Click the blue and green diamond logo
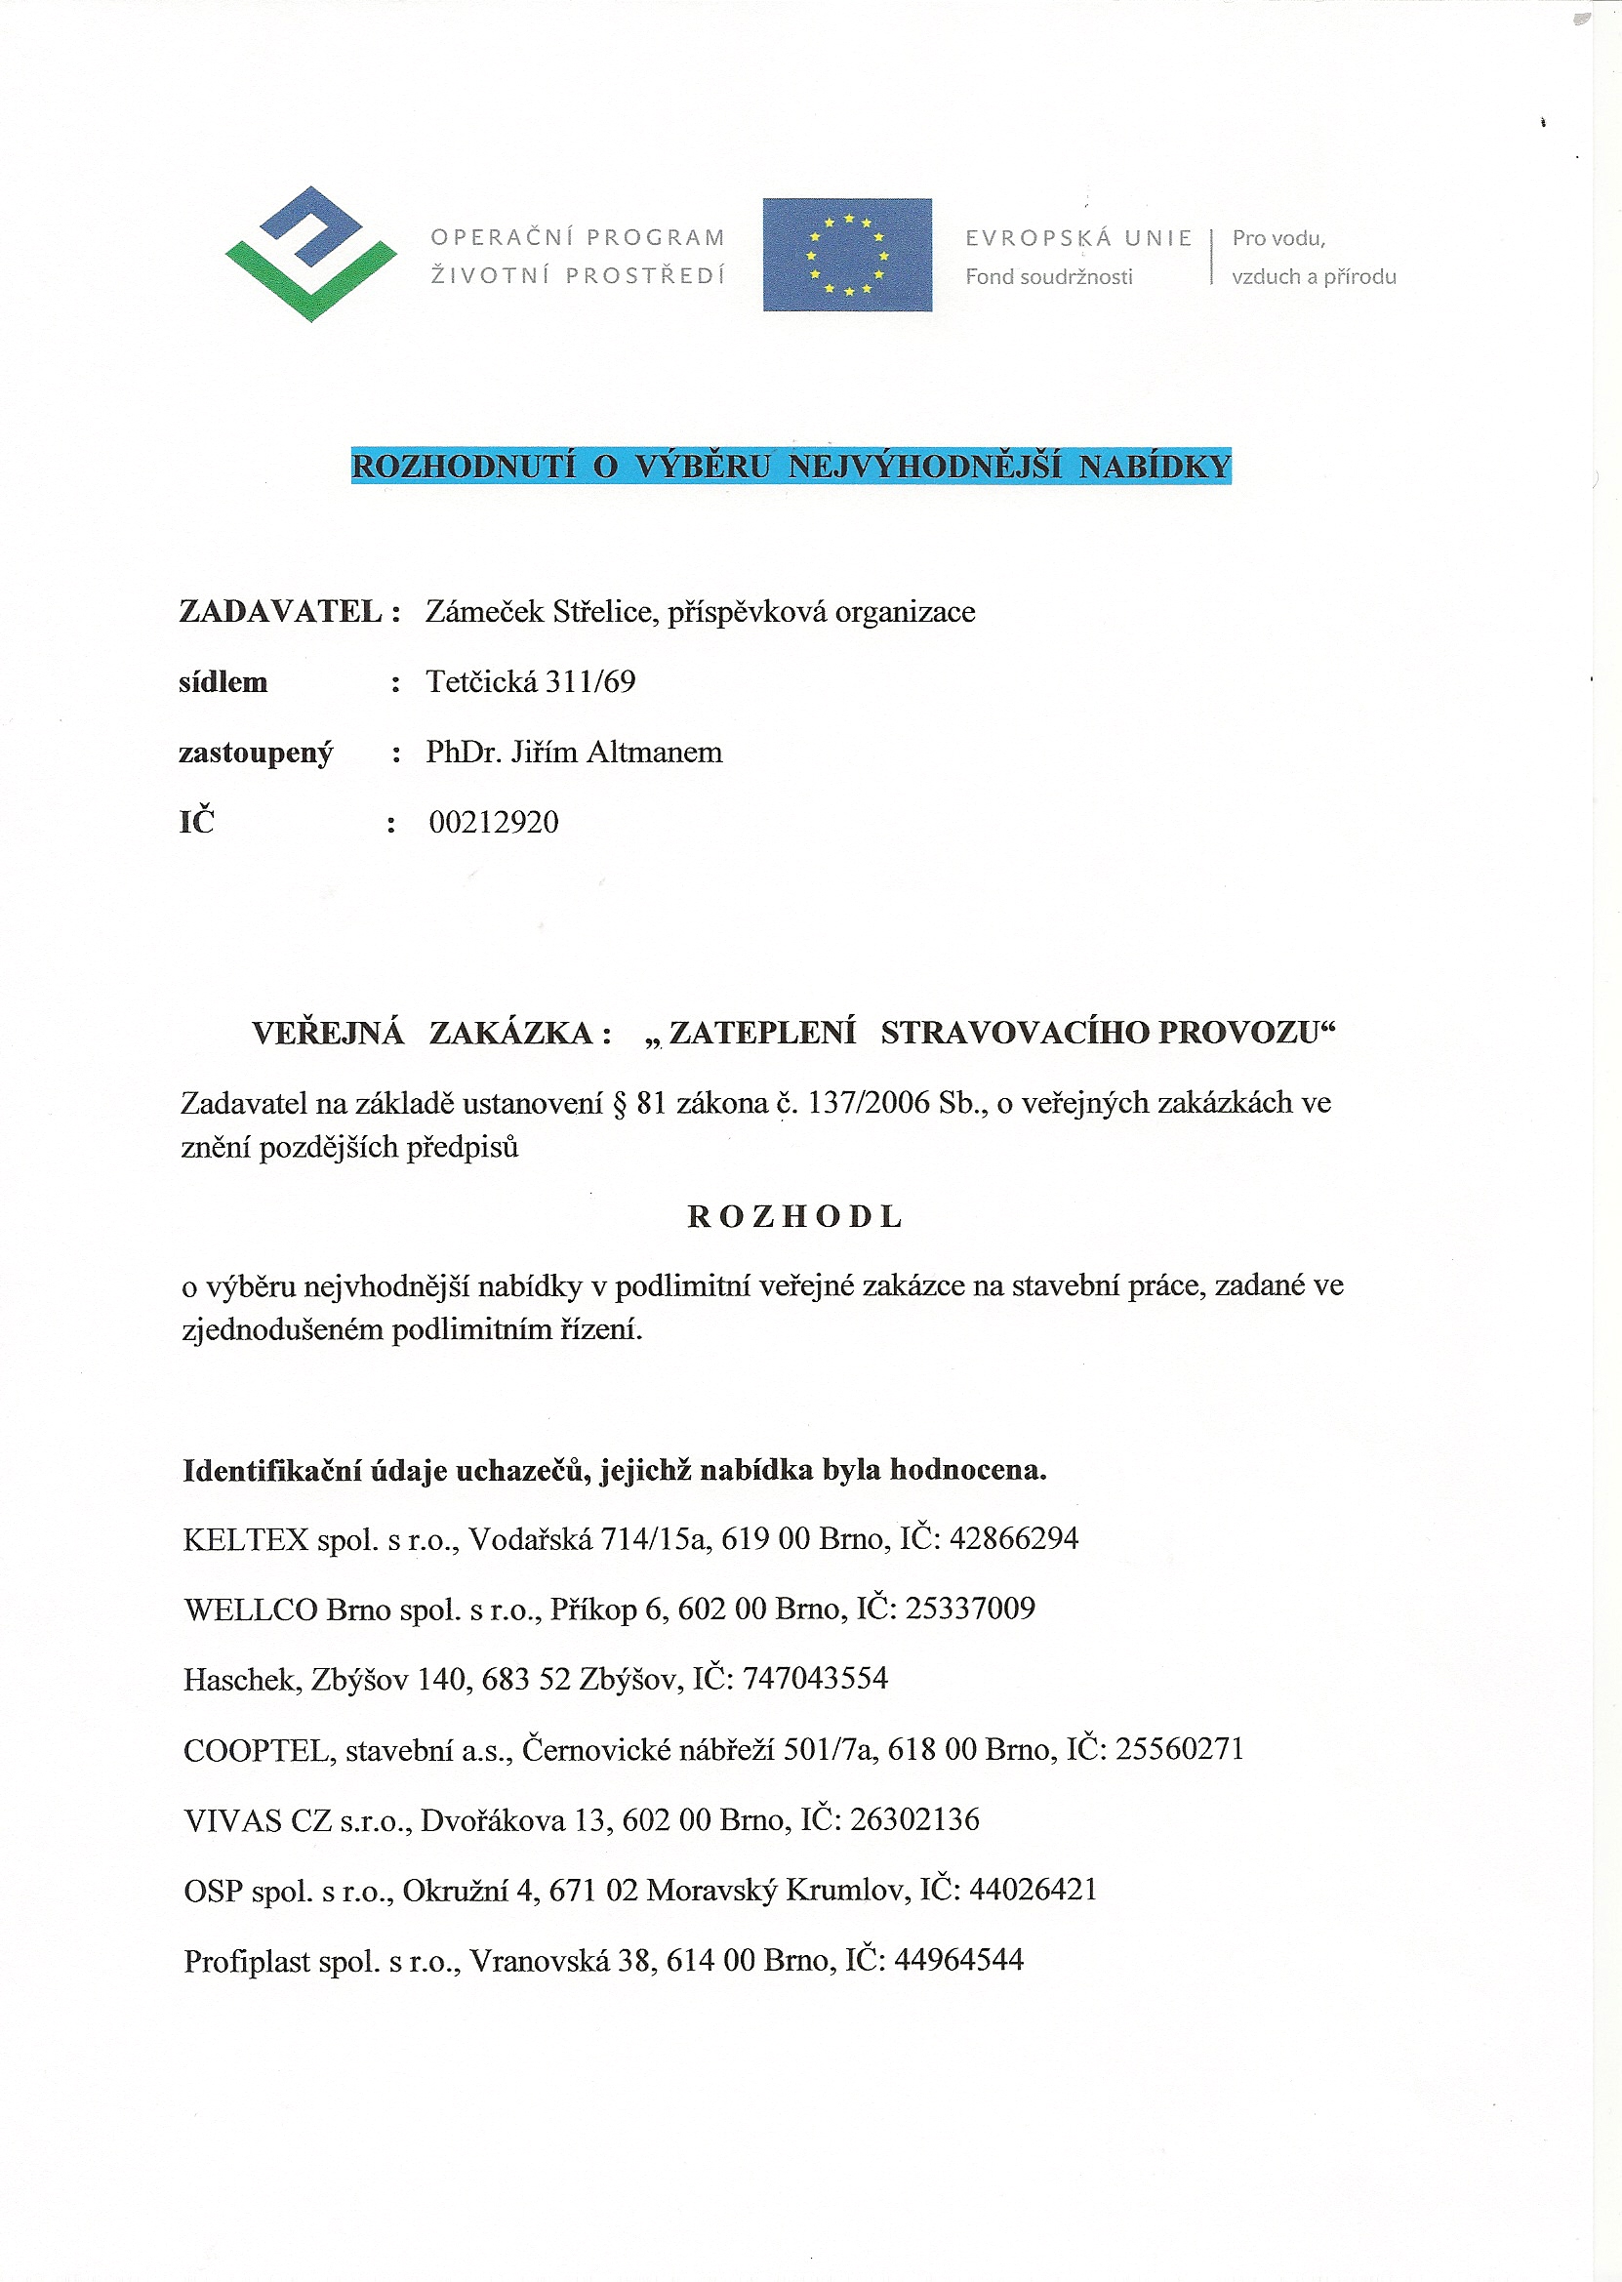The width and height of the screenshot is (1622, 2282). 310,254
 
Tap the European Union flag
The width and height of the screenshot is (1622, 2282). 847,255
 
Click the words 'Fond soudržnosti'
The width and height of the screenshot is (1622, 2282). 1048,276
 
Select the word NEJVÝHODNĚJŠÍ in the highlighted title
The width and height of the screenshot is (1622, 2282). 924,467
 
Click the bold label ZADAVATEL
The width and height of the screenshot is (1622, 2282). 281,611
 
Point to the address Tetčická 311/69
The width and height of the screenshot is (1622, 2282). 530,681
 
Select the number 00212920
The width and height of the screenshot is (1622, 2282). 494,822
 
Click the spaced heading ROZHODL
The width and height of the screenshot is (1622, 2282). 795,1216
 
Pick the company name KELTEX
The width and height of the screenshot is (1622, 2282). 246,1539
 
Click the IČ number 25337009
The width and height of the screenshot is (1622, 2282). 970,1609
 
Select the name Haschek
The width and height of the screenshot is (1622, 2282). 240,1680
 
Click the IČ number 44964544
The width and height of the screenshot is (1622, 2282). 958,1961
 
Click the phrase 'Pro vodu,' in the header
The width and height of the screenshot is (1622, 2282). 1277,238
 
